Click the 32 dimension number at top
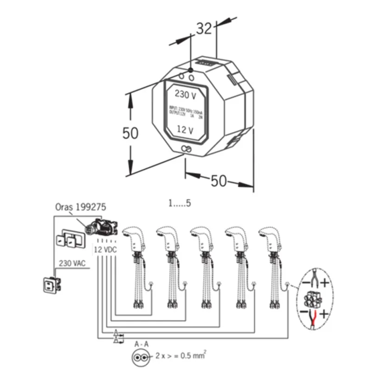coord(204,29)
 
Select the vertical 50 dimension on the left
coord(130,133)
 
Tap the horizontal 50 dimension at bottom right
coord(218,181)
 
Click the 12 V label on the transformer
coord(185,131)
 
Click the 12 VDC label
coord(105,249)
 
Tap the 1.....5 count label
coord(181,203)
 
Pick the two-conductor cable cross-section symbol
coord(141,357)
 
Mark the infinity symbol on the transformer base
coord(186,149)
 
